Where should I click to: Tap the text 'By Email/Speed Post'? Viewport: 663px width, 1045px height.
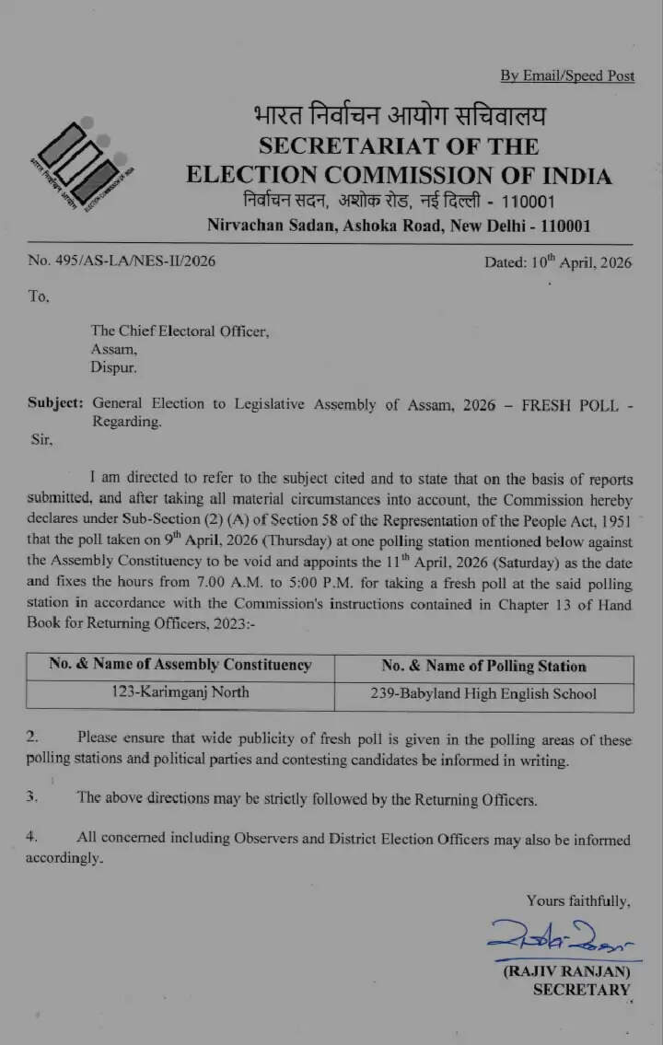(x=567, y=75)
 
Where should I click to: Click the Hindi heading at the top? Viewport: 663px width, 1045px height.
(x=399, y=117)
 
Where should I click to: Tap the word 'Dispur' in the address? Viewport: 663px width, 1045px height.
(x=113, y=367)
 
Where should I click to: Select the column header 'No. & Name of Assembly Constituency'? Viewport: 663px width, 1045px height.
(x=180, y=665)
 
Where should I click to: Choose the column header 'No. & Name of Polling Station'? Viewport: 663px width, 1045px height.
(x=483, y=666)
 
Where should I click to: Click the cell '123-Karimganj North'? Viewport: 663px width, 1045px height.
(x=180, y=692)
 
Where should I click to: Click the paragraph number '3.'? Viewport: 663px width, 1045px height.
(x=32, y=797)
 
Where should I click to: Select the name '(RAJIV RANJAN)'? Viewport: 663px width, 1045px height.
(x=566, y=971)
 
